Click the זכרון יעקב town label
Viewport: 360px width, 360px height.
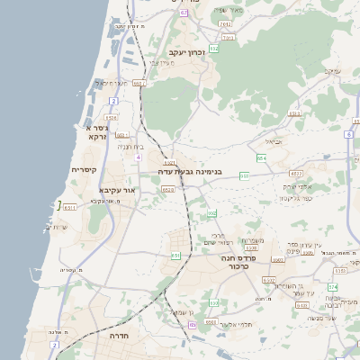(x=183, y=53)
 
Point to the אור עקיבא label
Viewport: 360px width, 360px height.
(x=119, y=191)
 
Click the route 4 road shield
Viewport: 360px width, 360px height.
(x=138, y=157)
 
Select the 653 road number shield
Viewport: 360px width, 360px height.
(x=244, y=175)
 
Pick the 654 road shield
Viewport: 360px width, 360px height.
(x=261, y=157)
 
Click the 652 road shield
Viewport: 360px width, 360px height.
(x=212, y=213)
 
